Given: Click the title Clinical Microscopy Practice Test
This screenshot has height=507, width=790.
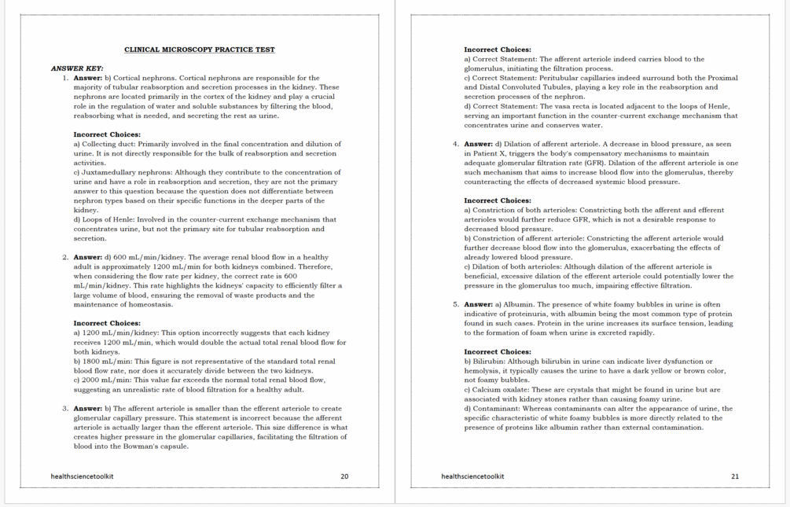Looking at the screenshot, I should [200, 50].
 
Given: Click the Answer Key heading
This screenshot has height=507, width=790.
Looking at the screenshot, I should [77, 68].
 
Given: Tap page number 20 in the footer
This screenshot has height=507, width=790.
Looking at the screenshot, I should [344, 476].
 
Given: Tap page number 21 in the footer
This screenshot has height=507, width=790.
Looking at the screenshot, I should [735, 476].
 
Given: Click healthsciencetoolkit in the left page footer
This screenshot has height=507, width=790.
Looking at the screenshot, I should [83, 476].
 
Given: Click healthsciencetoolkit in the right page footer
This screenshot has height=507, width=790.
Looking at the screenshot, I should [472, 476].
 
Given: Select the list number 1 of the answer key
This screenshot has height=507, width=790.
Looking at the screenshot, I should [65, 78].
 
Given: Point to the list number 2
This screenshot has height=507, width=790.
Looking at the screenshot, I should [65, 257].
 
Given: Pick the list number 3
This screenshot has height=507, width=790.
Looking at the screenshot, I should [65, 409].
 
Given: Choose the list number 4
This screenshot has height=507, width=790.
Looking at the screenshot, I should [456, 144].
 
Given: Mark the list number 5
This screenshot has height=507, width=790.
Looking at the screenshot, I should [456, 304].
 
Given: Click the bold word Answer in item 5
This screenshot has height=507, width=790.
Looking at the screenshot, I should [479, 304].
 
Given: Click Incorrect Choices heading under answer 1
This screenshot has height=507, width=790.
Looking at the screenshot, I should [107, 134].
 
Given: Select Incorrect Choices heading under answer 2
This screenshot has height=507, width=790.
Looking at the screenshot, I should [107, 323].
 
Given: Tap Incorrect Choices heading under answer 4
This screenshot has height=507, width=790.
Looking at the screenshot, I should [498, 200].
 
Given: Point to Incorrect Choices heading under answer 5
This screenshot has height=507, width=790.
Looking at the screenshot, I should [498, 352].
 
